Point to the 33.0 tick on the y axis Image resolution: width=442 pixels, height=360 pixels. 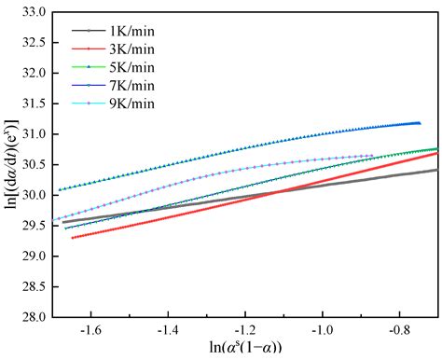click(x=36, y=11)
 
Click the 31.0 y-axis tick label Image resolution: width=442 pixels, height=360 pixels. click(x=36, y=133)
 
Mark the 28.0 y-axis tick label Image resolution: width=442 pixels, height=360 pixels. click(x=36, y=316)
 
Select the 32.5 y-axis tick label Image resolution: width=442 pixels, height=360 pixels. click(x=36, y=42)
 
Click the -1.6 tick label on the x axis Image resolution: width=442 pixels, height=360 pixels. click(x=90, y=329)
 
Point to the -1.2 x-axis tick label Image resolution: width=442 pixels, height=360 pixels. click(x=244, y=329)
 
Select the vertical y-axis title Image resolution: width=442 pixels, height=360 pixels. click(x=11, y=163)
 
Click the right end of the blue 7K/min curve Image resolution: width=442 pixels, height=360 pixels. click(x=420, y=122)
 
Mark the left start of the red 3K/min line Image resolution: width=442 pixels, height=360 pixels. click(x=73, y=237)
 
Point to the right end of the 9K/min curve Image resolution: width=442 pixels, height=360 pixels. click(x=373, y=156)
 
